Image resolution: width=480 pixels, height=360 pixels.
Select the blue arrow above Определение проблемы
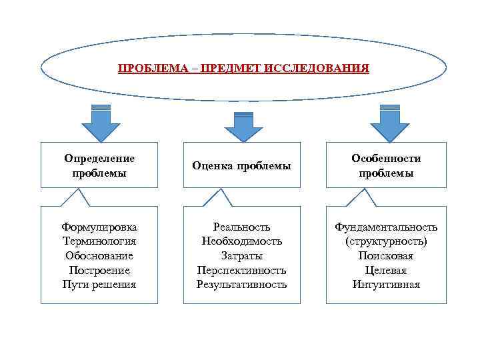100,123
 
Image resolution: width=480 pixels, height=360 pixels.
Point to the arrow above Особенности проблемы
385,123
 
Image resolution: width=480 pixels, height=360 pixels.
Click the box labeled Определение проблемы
99,165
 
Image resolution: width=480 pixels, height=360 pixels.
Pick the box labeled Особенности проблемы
386,165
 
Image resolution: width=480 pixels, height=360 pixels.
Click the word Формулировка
99,227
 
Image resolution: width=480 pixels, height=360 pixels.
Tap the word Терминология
99,241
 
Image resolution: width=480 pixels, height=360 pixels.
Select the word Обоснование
99,255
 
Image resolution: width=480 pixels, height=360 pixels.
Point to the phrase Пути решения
99,285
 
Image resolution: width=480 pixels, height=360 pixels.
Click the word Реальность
241,227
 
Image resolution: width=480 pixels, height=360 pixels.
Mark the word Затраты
241,255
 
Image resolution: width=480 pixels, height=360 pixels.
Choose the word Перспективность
241,270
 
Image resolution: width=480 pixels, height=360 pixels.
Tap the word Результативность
241,285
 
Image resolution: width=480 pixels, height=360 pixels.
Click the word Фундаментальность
386,227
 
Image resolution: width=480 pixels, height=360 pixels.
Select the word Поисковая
386,255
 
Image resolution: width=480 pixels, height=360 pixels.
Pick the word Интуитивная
386,285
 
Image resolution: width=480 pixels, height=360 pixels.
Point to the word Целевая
386,270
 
